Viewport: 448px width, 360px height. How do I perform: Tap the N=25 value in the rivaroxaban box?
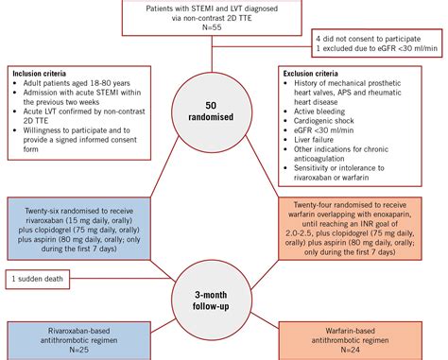point(78,345)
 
